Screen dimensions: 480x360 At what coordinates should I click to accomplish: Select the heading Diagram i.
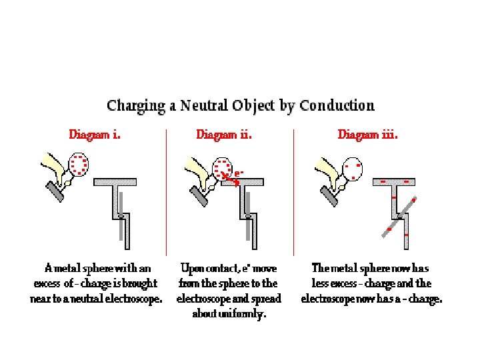95,135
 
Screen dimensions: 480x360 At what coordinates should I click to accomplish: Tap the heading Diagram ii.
224,135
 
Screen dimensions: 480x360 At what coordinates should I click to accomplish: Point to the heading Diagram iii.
367,135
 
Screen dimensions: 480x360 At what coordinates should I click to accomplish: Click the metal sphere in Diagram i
79,164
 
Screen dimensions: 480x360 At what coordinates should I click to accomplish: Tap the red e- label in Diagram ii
239,173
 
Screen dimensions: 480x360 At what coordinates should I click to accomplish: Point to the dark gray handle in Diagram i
53,191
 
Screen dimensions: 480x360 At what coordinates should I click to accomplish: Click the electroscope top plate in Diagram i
115,181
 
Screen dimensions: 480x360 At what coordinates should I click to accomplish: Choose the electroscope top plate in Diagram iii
395,181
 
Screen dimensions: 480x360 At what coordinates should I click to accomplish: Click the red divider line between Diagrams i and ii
166,193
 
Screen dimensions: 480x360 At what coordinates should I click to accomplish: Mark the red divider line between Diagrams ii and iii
294,193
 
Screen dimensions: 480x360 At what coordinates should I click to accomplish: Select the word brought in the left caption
144,283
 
